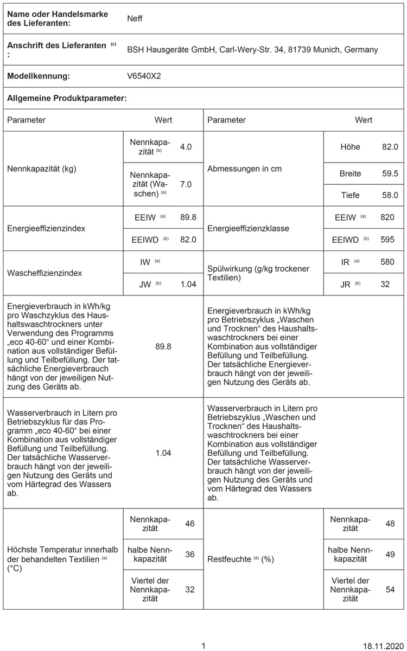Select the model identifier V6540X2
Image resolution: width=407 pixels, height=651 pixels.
144,76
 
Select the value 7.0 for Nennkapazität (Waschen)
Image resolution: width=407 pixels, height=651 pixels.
186,184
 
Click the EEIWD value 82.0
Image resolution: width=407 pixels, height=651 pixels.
188,239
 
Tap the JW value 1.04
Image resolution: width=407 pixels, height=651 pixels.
188,283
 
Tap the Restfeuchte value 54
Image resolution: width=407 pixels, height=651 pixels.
390,589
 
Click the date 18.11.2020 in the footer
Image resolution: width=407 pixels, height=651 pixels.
380,646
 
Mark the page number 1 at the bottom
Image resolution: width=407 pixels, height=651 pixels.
203,646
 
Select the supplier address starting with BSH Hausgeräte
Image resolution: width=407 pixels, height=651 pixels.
252,49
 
